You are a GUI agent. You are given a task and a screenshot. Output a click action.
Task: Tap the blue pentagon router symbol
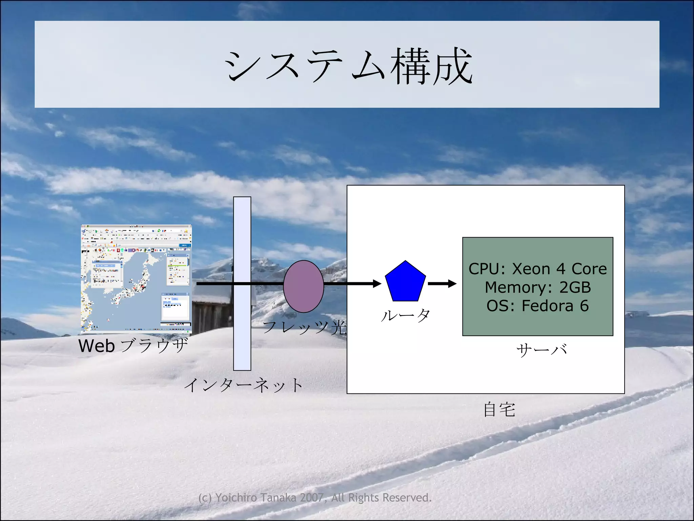[405, 282]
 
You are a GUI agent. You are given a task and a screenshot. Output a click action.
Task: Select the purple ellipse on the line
[303, 286]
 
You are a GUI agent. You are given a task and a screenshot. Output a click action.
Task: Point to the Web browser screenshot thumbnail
[136, 278]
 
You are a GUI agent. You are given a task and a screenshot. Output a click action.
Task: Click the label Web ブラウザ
[133, 346]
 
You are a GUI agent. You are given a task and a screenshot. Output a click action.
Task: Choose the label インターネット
[243, 385]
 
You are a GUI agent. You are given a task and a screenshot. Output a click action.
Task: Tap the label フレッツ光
[304, 327]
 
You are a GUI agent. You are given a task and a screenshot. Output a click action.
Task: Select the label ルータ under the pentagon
[405, 315]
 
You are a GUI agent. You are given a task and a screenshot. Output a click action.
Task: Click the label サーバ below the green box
[542, 349]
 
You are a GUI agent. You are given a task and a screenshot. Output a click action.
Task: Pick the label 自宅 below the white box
[499, 409]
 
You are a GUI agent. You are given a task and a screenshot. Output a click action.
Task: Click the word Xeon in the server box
[531, 269]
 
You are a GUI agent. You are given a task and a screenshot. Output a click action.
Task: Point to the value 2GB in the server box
[575, 287]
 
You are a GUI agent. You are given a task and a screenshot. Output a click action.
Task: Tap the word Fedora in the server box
[547, 306]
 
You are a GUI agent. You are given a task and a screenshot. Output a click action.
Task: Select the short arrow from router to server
[442, 283]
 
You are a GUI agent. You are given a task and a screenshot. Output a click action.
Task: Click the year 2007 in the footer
[311, 498]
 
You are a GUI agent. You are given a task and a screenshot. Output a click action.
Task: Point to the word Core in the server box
[589, 269]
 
